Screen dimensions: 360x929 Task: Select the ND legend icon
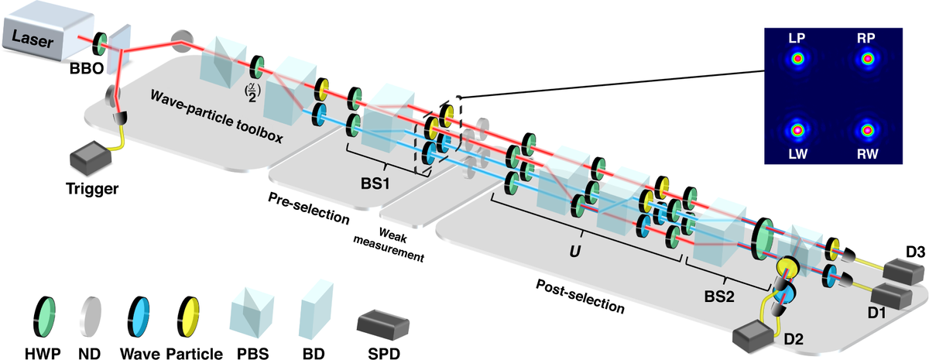pos(87,306)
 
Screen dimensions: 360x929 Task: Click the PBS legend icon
pos(250,304)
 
